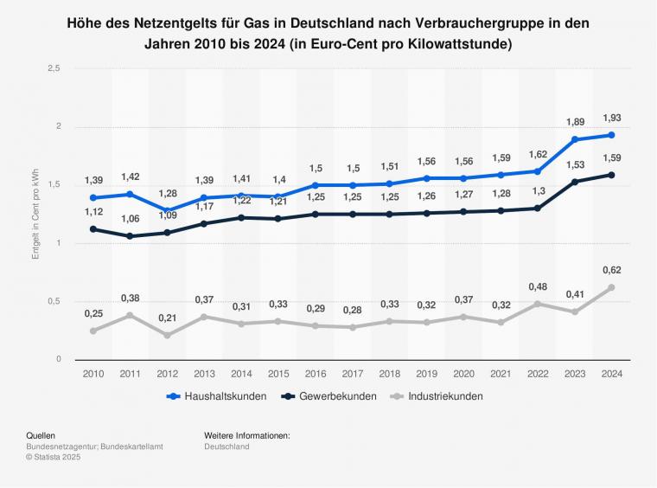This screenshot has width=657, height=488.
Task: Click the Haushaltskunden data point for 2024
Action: click(x=611, y=135)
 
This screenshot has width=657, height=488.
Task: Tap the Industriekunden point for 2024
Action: click(x=611, y=287)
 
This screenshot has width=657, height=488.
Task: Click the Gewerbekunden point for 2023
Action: click(x=574, y=182)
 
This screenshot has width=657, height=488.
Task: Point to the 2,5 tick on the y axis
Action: click(x=53, y=68)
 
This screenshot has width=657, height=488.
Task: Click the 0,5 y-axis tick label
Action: click(x=53, y=301)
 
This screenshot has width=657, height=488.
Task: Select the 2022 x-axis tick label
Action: click(x=537, y=373)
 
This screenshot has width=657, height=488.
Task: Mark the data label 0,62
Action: click(x=611, y=269)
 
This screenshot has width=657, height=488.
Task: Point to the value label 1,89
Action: click(x=574, y=121)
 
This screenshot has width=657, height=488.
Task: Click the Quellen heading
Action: click(x=41, y=434)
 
